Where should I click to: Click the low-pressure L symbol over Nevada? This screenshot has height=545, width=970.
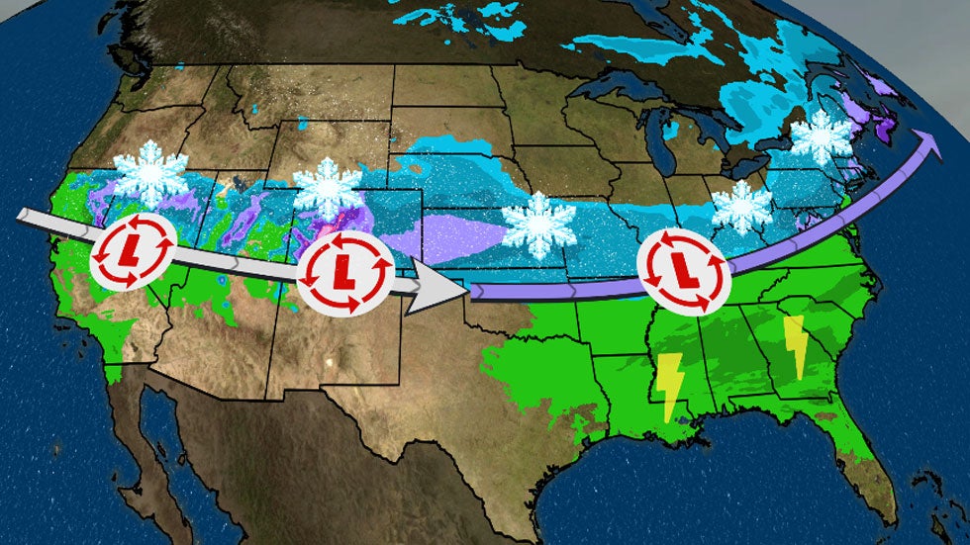[x=134, y=253]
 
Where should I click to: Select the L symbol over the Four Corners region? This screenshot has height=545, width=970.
[x=345, y=268]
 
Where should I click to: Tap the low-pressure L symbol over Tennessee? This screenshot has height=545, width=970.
[x=683, y=263]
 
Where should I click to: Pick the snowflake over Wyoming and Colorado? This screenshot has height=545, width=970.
[x=329, y=188]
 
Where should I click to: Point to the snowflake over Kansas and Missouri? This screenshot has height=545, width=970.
[x=538, y=226]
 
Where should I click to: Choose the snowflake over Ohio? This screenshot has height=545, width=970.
[x=741, y=207]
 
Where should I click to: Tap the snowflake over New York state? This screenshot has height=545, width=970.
[x=821, y=137]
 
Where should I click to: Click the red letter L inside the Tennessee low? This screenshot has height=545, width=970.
[x=683, y=264]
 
